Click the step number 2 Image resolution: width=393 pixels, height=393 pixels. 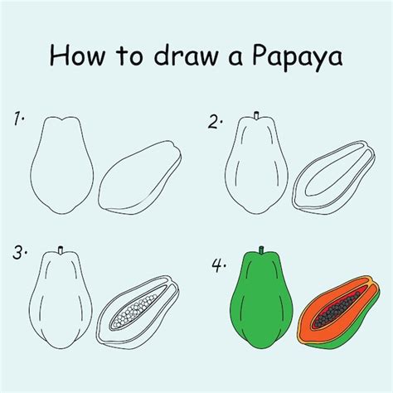coord(216,123)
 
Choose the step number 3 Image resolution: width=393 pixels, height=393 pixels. coord(20,252)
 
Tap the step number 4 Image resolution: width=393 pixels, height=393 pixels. coord(217,267)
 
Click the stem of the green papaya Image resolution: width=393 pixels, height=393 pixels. coord(262,249)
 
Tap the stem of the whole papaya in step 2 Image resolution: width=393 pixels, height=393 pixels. coord(255,113)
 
